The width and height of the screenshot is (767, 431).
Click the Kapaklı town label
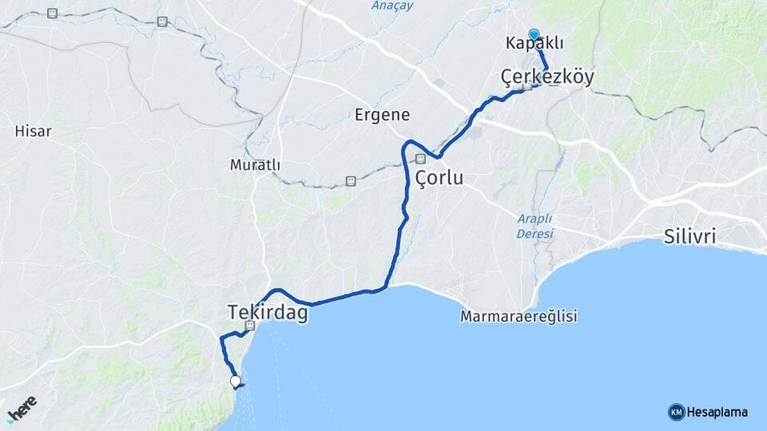point(535,43)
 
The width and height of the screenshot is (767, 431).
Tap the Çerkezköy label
point(547,77)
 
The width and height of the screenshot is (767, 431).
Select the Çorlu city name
point(439,177)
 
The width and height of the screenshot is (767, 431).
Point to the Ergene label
point(382,115)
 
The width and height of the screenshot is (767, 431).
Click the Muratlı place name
point(255,164)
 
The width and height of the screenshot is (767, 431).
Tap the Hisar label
point(33,131)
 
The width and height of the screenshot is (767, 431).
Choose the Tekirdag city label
point(268,312)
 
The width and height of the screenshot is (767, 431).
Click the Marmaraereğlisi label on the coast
point(519,316)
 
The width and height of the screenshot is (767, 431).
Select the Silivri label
point(690,236)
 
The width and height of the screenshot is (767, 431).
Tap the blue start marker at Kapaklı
point(534,34)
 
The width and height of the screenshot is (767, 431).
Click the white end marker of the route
point(235,381)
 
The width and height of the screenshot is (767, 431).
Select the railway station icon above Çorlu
point(420,158)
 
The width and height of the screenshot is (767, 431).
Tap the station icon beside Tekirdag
point(250,326)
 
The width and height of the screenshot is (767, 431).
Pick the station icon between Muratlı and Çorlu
point(350,181)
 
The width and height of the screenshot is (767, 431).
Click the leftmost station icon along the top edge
point(53,14)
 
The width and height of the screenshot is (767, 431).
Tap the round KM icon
point(676,412)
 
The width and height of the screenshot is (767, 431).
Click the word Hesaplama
point(717,412)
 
